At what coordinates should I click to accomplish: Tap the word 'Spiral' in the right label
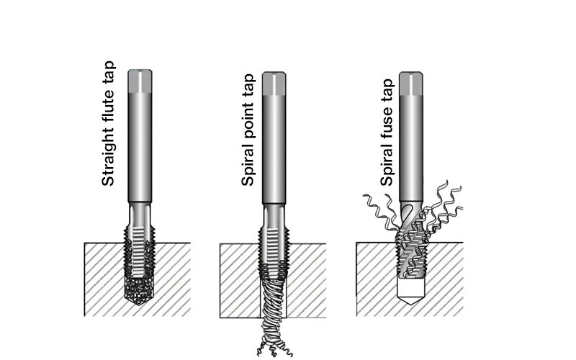(x=387, y=165)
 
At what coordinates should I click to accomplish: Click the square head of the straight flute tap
(x=140, y=81)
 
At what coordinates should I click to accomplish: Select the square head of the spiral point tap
(x=274, y=84)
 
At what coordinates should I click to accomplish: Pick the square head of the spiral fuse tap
(x=411, y=84)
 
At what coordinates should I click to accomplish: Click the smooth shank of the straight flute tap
(x=140, y=147)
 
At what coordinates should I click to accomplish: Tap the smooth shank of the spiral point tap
(x=274, y=149)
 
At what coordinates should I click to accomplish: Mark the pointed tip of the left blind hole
(x=138, y=305)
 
